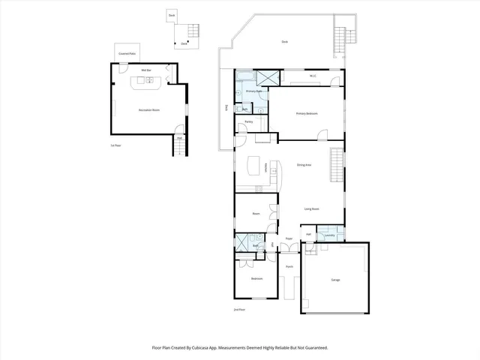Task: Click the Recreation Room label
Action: click(x=150, y=110)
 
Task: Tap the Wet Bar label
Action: click(x=146, y=70)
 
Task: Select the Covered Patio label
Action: click(x=127, y=54)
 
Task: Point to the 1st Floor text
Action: click(x=116, y=145)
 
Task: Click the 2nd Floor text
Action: click(x=240, y=309)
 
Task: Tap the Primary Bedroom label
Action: click(x=307, y=113)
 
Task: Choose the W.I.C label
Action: click(x=313, y=76)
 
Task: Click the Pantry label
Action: click(x=248, y=121)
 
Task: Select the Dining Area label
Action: click(x=304, y=165)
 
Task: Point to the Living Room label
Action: click(x=312, y=208)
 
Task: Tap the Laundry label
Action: click(x=329, y=235)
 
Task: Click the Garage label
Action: click(x=335, y=280)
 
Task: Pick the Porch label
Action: click(x=289, y=265)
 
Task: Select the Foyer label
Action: click(x=288, y=239)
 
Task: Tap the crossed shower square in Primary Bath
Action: click(x=267, y=78)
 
